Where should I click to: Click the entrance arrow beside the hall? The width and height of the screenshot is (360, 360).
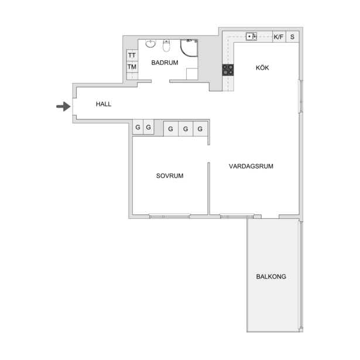pos(64,107)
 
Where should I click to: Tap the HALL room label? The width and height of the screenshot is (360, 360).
pos(104,104)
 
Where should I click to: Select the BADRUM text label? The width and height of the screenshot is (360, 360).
pos(164,63)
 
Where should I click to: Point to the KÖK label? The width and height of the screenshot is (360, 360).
pos(262,67)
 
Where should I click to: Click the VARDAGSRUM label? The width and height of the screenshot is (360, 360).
pos(251,166)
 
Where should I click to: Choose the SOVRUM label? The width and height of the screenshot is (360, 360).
pos(170,176)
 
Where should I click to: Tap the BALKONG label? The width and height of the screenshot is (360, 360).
pos(271,276)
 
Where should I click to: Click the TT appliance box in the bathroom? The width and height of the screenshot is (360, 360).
pos(132,56)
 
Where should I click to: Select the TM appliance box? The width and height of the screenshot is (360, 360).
pos(132,67)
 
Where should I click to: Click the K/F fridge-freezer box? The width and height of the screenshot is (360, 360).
pos(279,37)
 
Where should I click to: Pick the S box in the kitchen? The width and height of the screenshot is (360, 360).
pos(292,37)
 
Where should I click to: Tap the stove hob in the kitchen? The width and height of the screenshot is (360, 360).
pos(228,70)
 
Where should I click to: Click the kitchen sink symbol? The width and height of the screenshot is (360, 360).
pos(251,36)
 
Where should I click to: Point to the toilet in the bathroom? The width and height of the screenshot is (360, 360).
pos(166,46)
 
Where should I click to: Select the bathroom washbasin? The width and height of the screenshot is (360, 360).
pos(150,43)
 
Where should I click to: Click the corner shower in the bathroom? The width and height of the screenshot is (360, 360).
pos(189,48)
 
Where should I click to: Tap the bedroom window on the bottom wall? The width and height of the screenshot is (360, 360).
pos(169,216)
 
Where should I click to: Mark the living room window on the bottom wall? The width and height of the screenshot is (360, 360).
pos(237,216)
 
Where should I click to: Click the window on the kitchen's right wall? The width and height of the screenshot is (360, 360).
pos(301,96)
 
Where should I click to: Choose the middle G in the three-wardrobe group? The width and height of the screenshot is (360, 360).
pos(186,129)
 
